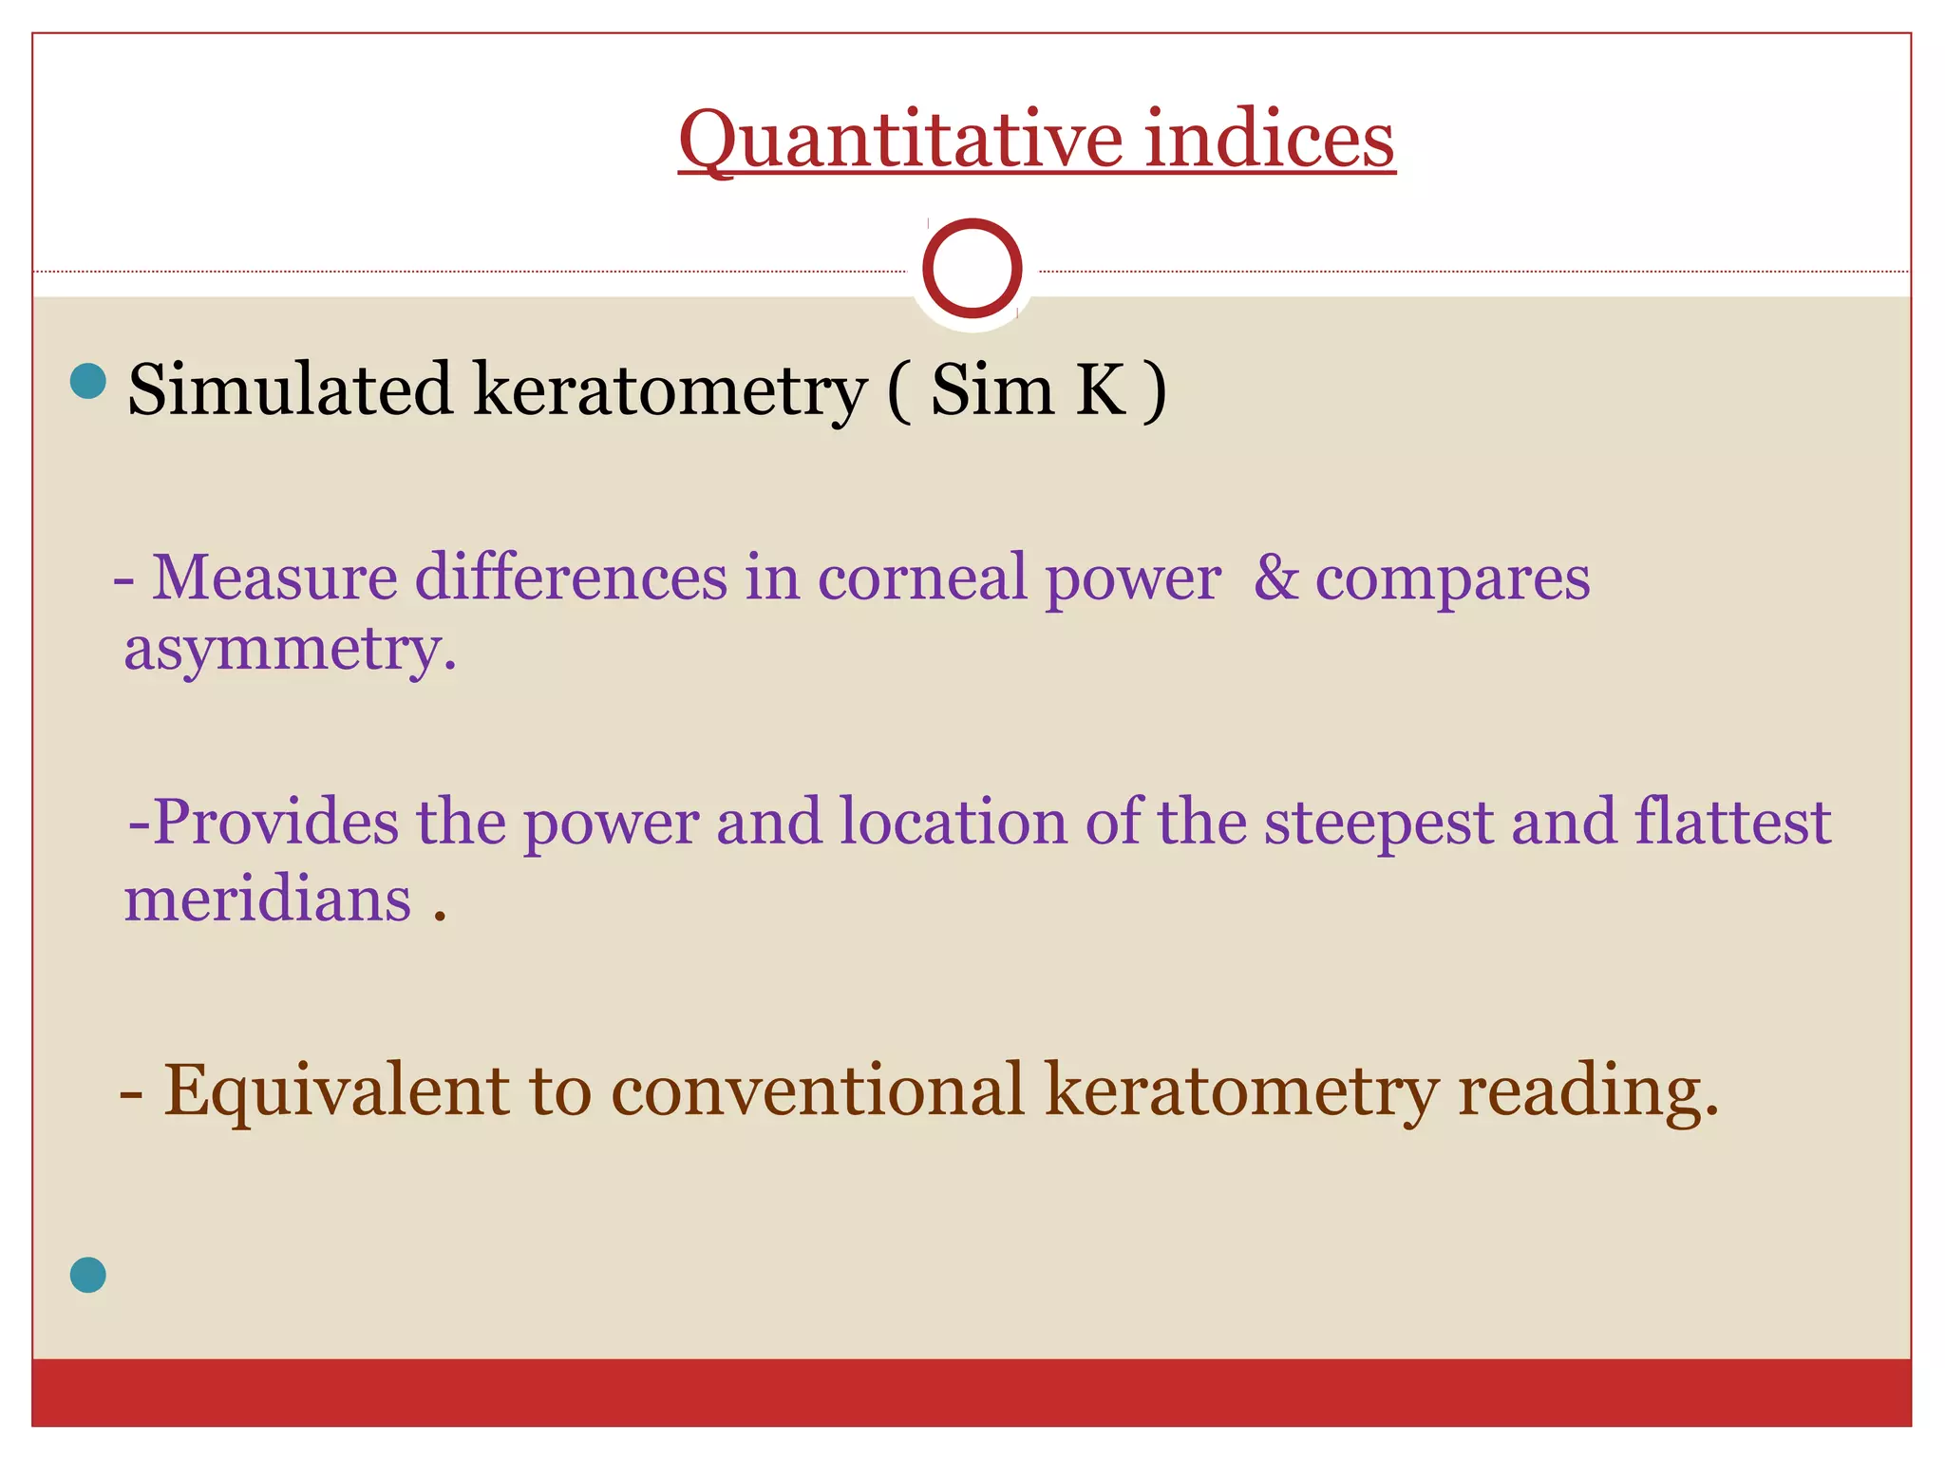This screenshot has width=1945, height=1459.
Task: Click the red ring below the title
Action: (972, 268)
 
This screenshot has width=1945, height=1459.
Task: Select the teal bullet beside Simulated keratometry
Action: (88, 381)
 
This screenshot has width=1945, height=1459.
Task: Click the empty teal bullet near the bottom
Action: (88, 1275)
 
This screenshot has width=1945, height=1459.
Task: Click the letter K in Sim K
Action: (1100, 389)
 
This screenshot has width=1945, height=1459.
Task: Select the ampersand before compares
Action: (1275, 578)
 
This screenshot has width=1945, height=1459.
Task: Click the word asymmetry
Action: (290, 651)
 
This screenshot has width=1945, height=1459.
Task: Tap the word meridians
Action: (268, 899)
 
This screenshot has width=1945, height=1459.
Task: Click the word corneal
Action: (922, 578)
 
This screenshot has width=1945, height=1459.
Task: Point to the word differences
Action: (571, 578)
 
